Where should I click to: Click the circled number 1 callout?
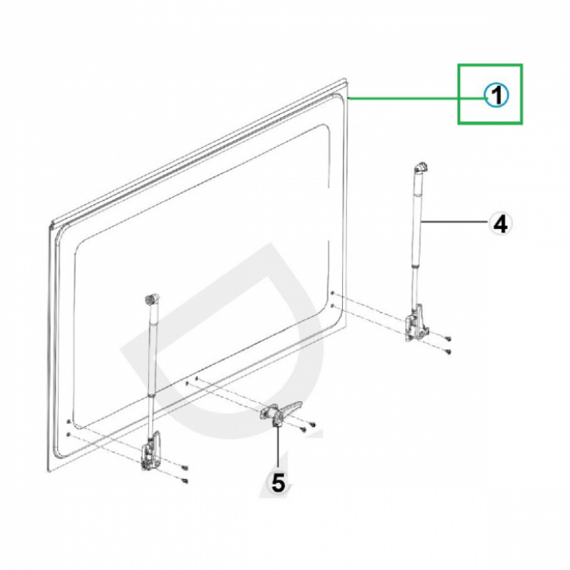click(x=496, y=96)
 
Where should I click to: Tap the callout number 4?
click(x=500, y=224)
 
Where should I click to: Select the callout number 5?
click(x=278, y=482)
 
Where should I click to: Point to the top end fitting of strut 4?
click(x=421, y=168)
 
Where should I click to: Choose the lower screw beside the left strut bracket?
click(x=184, y=480)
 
